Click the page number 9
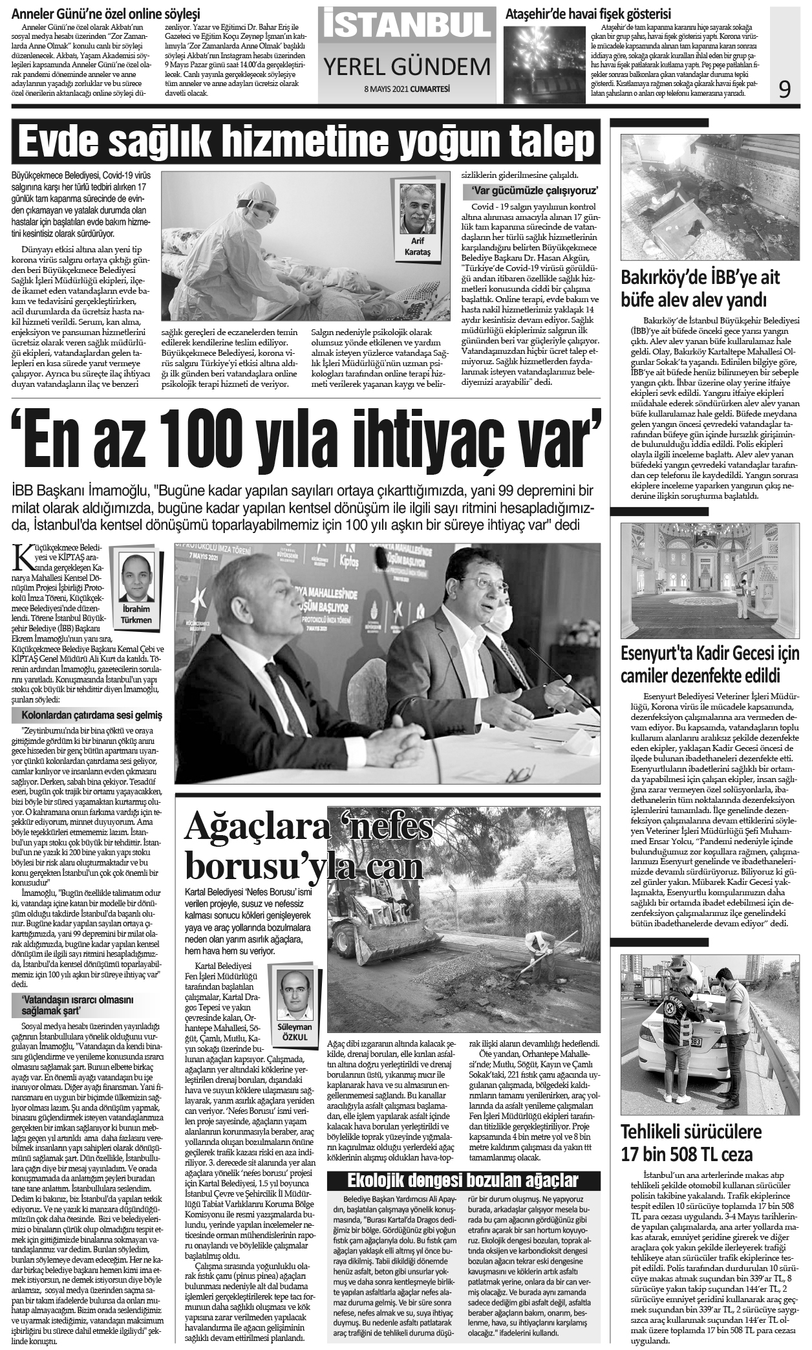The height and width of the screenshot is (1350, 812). pos(784,89)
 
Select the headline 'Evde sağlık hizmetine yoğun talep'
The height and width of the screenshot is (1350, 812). pos(306,140)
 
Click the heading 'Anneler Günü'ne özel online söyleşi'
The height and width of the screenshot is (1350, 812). pos(107,14)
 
